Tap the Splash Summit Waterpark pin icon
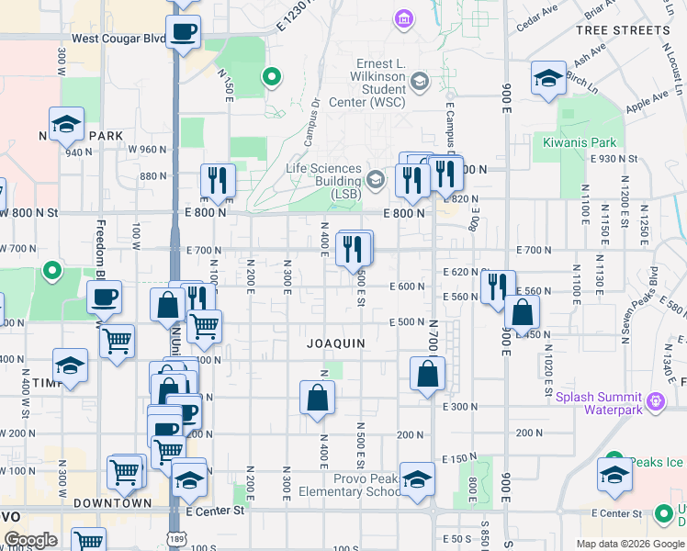tap(654, 401)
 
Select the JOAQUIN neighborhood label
tap(336, 343)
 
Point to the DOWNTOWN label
tap(112, 503)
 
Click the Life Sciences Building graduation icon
tap(375, 179)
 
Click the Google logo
tap(29, 540)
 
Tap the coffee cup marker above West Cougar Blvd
tap(184, 30)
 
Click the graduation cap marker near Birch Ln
tap(548, 78)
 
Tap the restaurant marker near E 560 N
tap(498, 287)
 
